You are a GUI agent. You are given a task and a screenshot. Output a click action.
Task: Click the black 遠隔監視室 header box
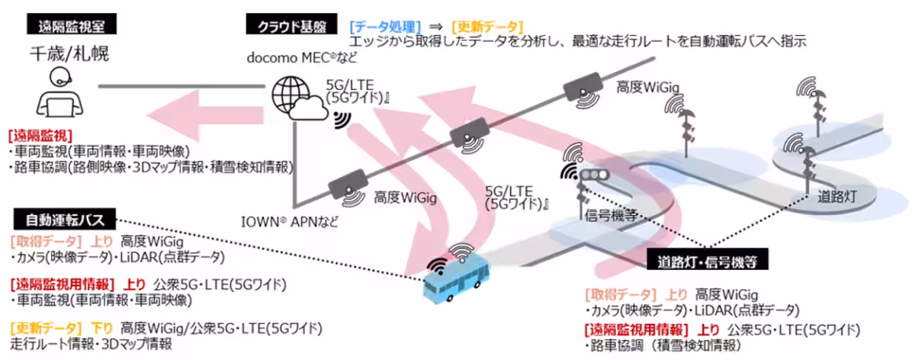click(75, 25)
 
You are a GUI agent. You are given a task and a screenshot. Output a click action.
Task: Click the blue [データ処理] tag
click(380, 25)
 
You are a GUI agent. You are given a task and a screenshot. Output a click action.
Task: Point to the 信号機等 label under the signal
click(608, 214)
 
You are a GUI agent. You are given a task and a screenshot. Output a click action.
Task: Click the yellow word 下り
click(103, 329)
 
